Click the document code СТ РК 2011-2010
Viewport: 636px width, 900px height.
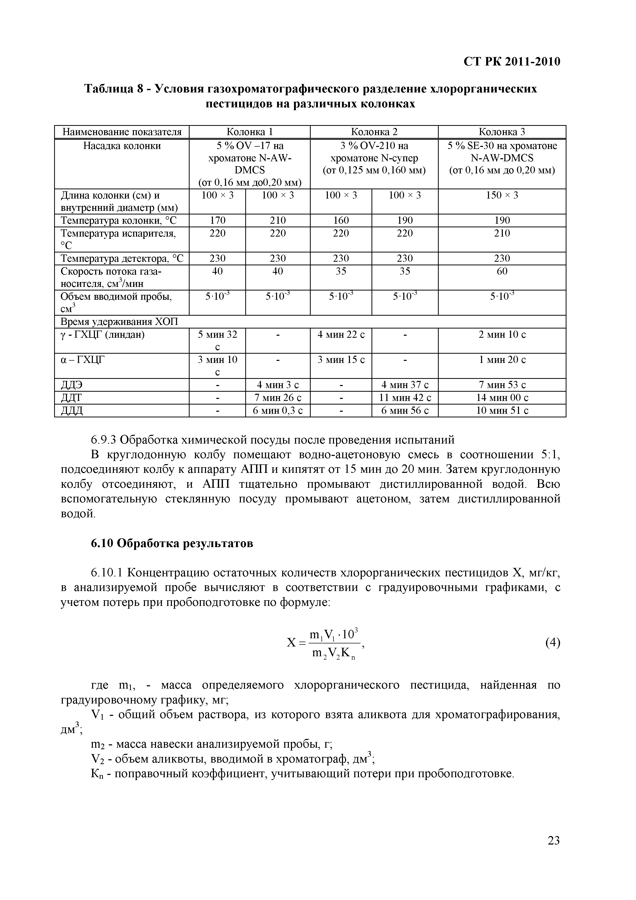pyautogui.click(x=512, y=62)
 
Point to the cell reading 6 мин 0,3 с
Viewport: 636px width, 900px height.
pyautogui.click(x=278, y=410)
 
